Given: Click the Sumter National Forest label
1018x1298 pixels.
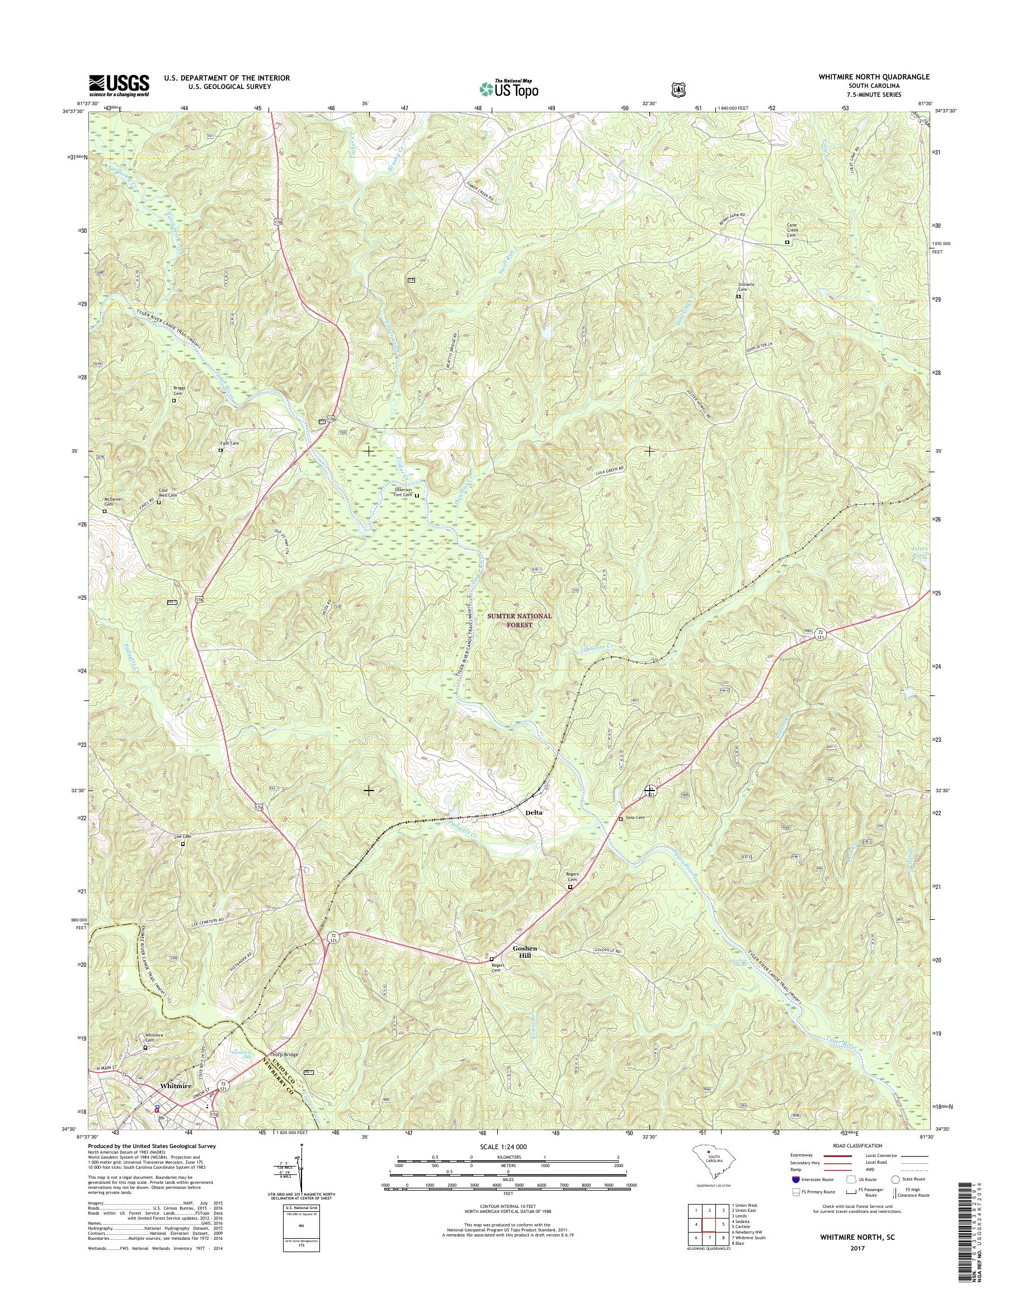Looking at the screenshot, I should pyautogui.click(x=521, y=620).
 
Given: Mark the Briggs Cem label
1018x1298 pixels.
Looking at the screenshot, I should pyautogui.click(x=178, y=391).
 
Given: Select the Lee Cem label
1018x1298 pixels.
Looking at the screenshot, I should pyautogui.click(x=182, y=837).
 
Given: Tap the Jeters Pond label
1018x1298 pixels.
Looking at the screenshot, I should pyautogui.click(x=920, y=552).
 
